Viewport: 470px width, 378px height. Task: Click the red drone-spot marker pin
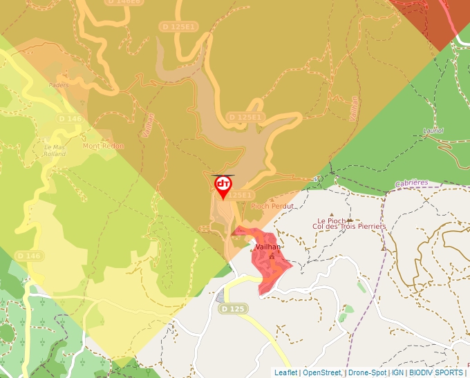[x=223, y=185]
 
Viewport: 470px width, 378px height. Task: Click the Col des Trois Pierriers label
[x=349, y=227]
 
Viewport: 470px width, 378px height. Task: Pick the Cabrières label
[x=412, y=184]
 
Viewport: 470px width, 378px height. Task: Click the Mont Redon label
[x=103, y=146]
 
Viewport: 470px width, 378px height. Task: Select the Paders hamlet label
[x=59, y=86]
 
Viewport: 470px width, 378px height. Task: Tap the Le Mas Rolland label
[x=55, y=151]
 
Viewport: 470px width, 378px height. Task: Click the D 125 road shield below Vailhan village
[x=234, y=309]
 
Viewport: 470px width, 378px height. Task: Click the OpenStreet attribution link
[x=321, y=372]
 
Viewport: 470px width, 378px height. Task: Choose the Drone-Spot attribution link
[x=367, y=372]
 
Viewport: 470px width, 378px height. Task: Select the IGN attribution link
[x=397, y=372]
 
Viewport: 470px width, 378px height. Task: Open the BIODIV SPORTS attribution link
[x=435, y=372]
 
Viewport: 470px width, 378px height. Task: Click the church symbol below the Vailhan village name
[x=272, y=256]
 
